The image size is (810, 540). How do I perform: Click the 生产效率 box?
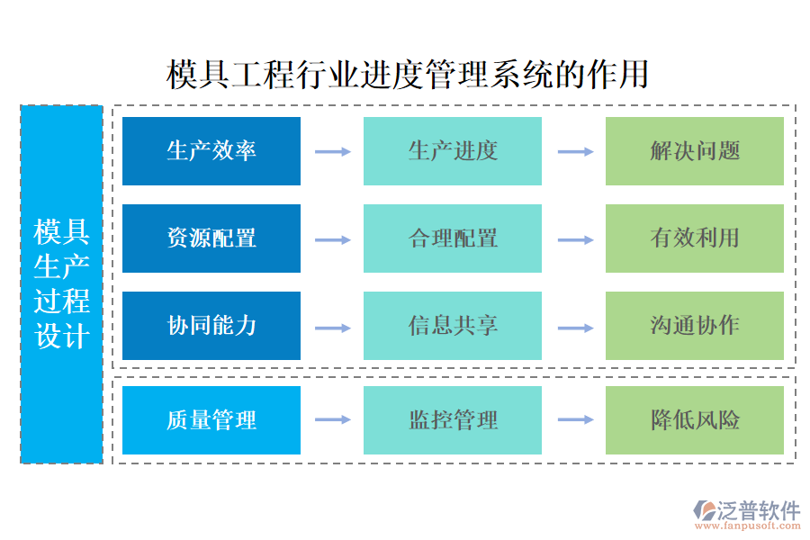pyautogui.click(x=211, y=151)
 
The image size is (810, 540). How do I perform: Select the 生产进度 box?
pyautogui.click(x=453, y=151)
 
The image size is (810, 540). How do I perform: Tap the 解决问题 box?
pyautogui.click(x=694, y=151)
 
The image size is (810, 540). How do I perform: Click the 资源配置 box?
pyautogui.click(x=211, y=238)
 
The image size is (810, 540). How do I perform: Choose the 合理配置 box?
pyautogui.click(x=453, y=238)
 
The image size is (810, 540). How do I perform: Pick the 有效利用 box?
pyautogui.click(x=694, y=238)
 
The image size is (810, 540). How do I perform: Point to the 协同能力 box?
pyautogui.click(x=211, y=326)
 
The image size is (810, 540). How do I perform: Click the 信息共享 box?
pyautogui.click(x=453, y=326)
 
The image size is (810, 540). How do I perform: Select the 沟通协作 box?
pyautogui.click(x=694, y=326)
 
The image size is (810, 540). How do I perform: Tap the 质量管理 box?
pyautogui.click(x=211, y=420)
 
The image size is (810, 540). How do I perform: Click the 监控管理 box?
pyautogui.click(x=453, y=420)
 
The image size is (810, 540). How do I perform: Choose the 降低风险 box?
pyautogui.click(x=694, y=420)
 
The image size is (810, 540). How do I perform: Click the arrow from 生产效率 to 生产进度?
pyautogui.click(x=332, y=152)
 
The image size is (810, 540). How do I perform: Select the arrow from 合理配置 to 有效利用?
pyautogui.click(x=575, y=239)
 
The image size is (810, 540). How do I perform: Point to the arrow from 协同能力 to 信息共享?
pyautogui.click(x=332, y=327)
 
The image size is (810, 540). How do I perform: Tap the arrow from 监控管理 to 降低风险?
pyautogui.click(x=575, y=420)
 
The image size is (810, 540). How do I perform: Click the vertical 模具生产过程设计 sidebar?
pyautogui.click(x=61, y=284)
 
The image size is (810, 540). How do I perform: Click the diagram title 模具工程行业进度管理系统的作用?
pyautogui.click(x=408, y=75)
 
